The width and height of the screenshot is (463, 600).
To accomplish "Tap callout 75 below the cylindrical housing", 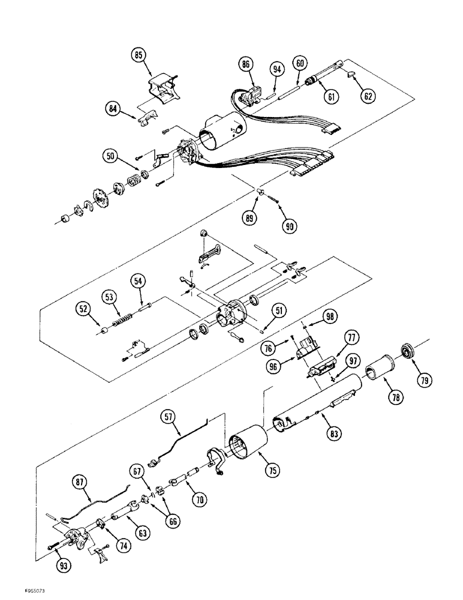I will (273, 471).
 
